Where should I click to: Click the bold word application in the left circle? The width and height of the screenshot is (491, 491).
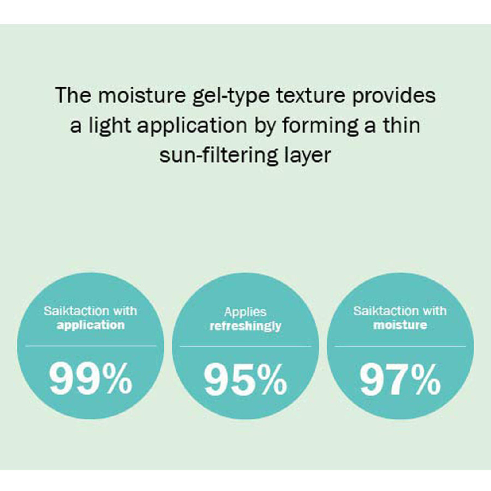pyautogui.click(x=91, y=325)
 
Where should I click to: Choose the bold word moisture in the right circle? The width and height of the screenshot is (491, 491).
pyautogui.click(x=400, y=325)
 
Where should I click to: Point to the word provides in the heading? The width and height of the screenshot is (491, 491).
pyautogui.click(x=394, y=95)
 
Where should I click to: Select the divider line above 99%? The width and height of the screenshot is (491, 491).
pyautogui.click(x=91, y=346)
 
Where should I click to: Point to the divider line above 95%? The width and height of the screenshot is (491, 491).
pyautogui.click(x=245, y=346)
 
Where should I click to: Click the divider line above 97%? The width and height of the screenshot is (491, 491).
pyautogui.click(x=400, y=346)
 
